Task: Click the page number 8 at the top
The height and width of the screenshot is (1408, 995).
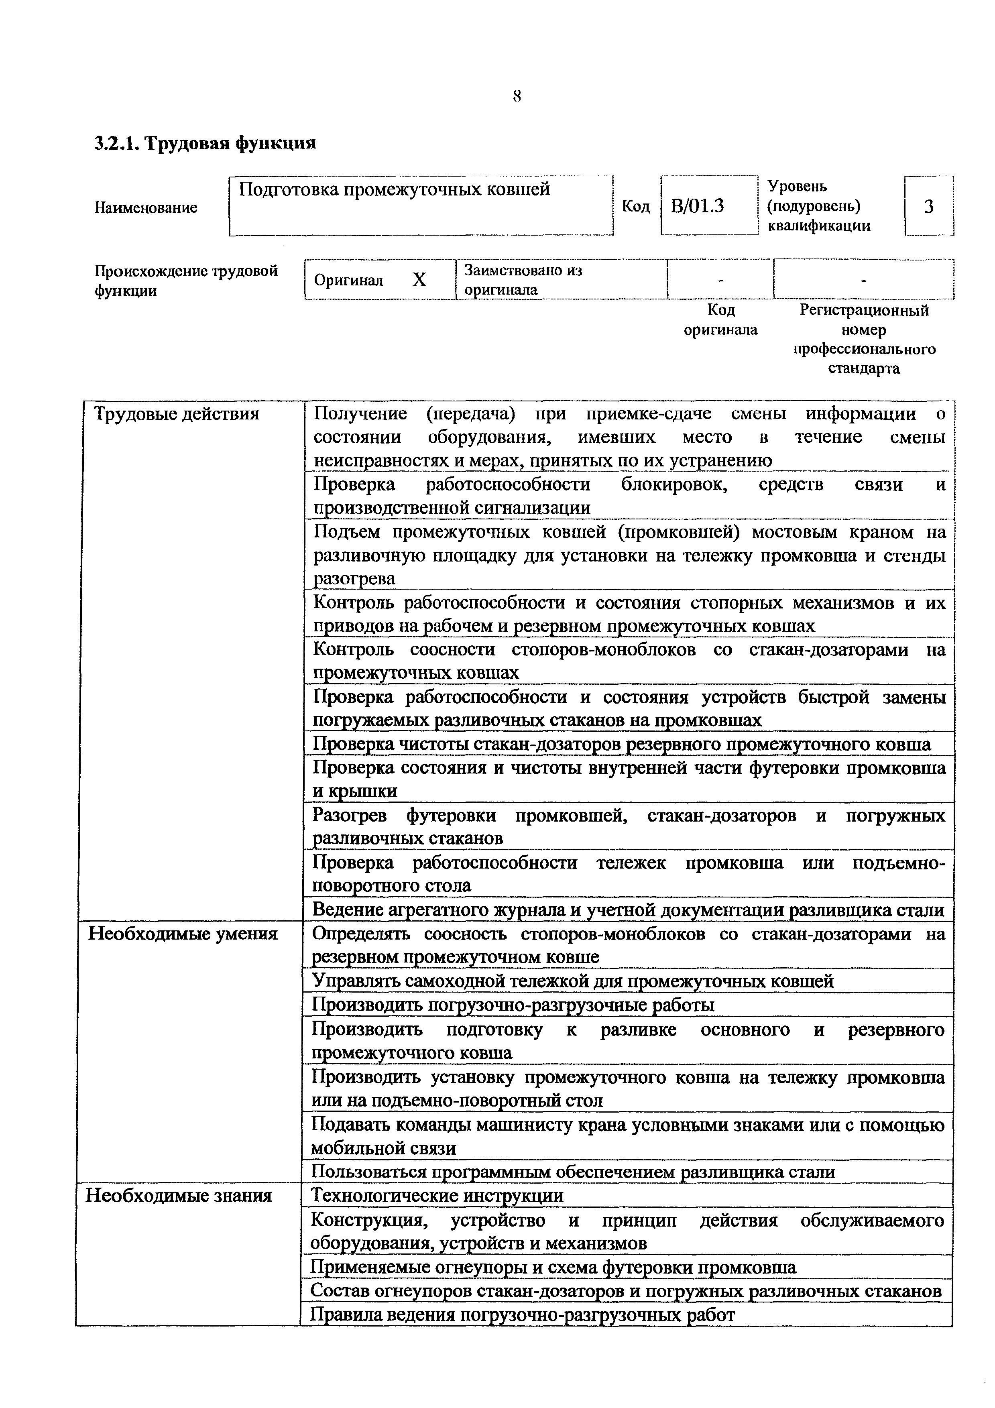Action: (x=517, y=96)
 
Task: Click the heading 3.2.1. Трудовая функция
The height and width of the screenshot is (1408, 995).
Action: (x=206, y=144)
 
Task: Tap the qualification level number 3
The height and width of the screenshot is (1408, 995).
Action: (x=928, y=207)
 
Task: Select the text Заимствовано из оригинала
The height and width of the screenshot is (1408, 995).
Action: (x=523, y=280)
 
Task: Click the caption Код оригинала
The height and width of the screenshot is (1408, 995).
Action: (x=720, y=320)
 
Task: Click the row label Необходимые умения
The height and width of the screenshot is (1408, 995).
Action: (x=183, y=934)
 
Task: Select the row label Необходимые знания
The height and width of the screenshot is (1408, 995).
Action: (x=178, y=1195)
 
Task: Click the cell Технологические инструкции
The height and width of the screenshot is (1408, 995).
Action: (x=437, y=1195)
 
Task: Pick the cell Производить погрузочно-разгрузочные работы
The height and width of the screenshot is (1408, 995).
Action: (x=513, y=1005)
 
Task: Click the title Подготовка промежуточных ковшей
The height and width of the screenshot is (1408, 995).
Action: (x=394, y=189)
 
